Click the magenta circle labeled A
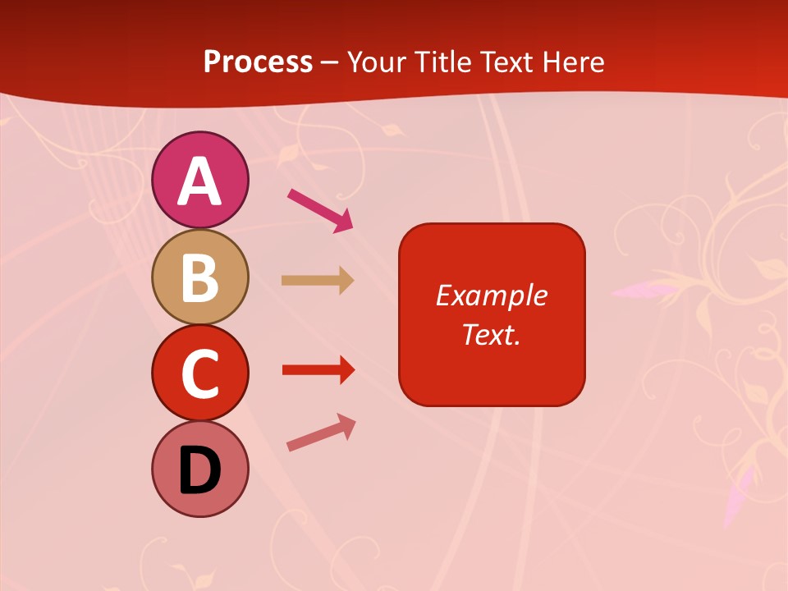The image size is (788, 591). click(x=199, y=180)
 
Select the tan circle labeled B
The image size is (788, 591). click(x=199, y=277)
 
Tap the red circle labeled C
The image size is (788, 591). click(x=199, y=373)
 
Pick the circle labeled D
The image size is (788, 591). click(x=199, y=469)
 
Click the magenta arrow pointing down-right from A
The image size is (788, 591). click(x=319, y=210)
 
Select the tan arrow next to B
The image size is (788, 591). click(x=317, y=281)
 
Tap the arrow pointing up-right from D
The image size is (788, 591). click(x=321, y=433)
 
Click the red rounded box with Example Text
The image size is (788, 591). click(x=492, y=314)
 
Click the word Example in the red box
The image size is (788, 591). click(x=492, y=295)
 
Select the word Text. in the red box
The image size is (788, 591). click(x=492, y=334)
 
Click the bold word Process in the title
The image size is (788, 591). click(x=258, y=62)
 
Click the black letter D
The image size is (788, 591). click(x=199, y=471)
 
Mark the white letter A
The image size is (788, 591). click(x=199, y=181)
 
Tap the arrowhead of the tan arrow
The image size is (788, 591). click(x=346, y=281)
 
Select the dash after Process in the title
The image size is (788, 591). click(x=330, y=62)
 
